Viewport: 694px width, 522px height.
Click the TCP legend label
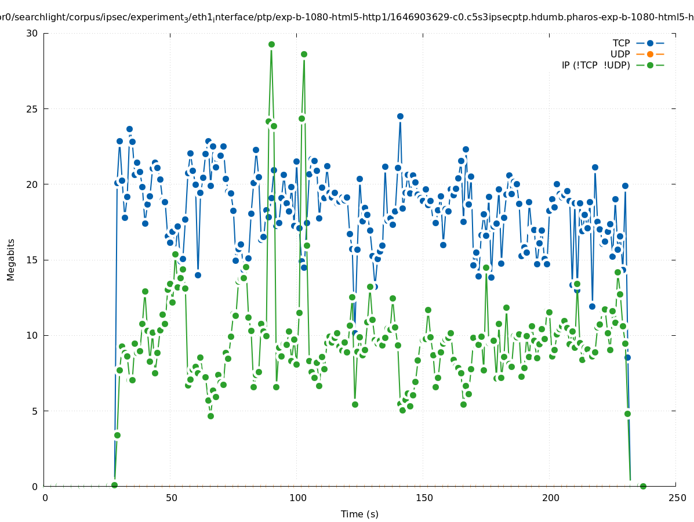621,43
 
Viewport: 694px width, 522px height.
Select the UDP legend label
620,55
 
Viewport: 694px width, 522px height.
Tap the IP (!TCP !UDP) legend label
595,66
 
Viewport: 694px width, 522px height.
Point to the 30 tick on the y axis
32,33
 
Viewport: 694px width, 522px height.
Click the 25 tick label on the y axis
32,109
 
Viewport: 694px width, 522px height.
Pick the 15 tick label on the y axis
32,260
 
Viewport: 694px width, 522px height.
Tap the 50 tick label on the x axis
171,498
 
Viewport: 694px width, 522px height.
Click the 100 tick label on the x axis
297,498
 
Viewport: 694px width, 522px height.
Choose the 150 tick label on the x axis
424,498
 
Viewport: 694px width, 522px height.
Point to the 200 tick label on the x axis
550,498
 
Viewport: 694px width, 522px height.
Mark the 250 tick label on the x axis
677,498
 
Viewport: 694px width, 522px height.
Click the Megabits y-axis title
11,259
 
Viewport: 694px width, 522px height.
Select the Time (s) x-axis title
359,514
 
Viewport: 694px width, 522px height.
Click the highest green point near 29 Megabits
271,45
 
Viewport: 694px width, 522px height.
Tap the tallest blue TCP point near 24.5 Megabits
400,116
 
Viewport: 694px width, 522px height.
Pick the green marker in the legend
650,66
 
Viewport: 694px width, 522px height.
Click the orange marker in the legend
650,55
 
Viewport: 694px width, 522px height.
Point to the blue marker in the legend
650,43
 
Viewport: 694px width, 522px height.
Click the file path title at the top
347,17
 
